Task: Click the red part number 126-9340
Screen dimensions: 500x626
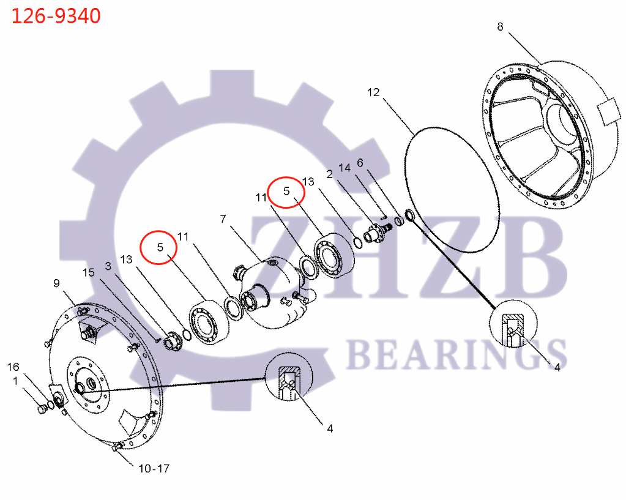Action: click(56, 17)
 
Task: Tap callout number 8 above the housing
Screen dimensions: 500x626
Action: click(500, 27)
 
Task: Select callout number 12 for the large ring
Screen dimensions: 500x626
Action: click(373, 92)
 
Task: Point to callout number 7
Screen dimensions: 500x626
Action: click(223, 218)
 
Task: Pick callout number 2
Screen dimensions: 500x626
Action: click(329, 174)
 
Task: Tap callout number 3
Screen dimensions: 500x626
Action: click(108, 266)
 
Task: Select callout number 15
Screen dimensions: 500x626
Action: click(89, 272)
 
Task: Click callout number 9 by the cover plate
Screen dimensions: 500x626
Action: click(56, 283)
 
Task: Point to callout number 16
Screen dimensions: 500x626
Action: click(13, 367)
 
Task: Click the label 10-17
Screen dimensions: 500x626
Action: click(154, 469)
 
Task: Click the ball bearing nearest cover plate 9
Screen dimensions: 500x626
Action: click(205, 322)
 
